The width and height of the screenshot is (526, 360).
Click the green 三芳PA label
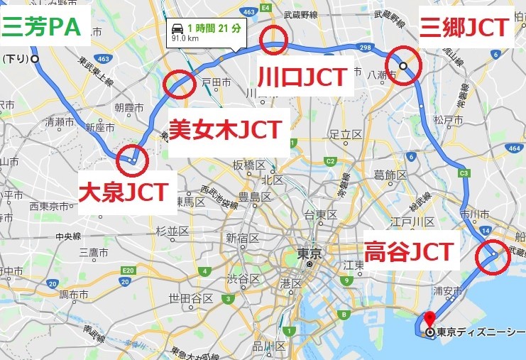(43, 28)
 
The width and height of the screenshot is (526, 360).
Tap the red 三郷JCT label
(464, 28)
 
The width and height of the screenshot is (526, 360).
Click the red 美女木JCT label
(225, 129)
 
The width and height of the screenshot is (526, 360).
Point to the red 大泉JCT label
(123, 190)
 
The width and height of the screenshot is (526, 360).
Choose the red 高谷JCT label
(408, 251)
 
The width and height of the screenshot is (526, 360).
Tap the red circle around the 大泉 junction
(133, 160)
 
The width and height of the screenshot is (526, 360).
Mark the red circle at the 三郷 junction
(405, 65)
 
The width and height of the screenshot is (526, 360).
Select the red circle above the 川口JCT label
(274, 40)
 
